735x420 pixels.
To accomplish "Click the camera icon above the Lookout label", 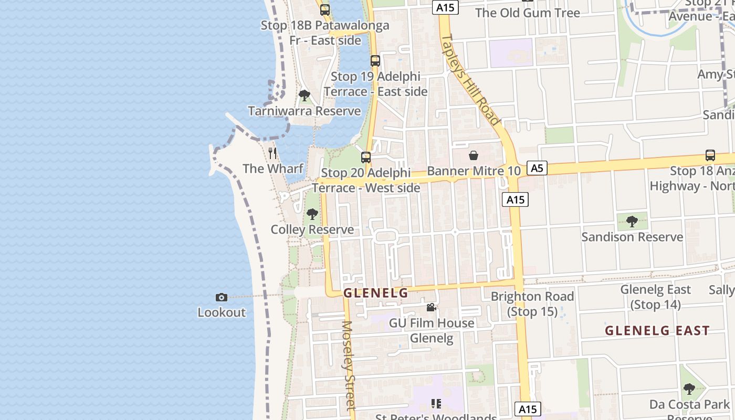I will pyautogui.click(x=222, y=297).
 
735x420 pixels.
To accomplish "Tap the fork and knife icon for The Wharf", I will pyautogui.click(x=272, y=153).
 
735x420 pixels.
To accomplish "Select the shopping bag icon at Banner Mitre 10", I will pyautogui.click(x=474, y=155).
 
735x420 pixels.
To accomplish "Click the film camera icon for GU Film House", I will pyautogui.click(x=431, y=307).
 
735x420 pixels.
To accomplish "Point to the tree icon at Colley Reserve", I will pyautogui.click(x=312, y=214).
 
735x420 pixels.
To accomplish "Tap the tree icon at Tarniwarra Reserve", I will pyautogui.click(x=304, y=96).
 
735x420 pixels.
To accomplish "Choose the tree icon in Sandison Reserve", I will pyautogui.click(x=632, y=221).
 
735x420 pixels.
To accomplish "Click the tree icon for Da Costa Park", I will pyautogui.click(x=689, y=389).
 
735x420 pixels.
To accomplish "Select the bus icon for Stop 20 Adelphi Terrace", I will pyautogui.click(x=366, y=157).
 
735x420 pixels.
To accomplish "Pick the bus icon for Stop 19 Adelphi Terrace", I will pyautogui.click(x=375, y=61).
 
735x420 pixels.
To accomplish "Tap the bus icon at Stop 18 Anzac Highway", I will pyautogui.click(x=710, y=155).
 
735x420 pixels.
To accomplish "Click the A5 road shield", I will pyautogui.click(x=536, y=168).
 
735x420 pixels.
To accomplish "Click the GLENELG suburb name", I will pyautogui.click(x=376, y=293).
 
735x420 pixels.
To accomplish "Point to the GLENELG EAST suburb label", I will pyautogui.click(x=657, y=331).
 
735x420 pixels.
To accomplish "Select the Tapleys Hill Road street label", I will pyautogui.click(x=470, y=80).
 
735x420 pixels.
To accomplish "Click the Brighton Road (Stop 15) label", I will pyautogui.click(x=532, y=304).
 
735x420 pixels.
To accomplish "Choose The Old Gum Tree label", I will pyautogui.click(x=528, y=13).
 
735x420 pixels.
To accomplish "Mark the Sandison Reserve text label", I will pyautogui.click(x=632, y=237).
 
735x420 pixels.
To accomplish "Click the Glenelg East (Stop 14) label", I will pyautogui.click(x=656, y=297).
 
